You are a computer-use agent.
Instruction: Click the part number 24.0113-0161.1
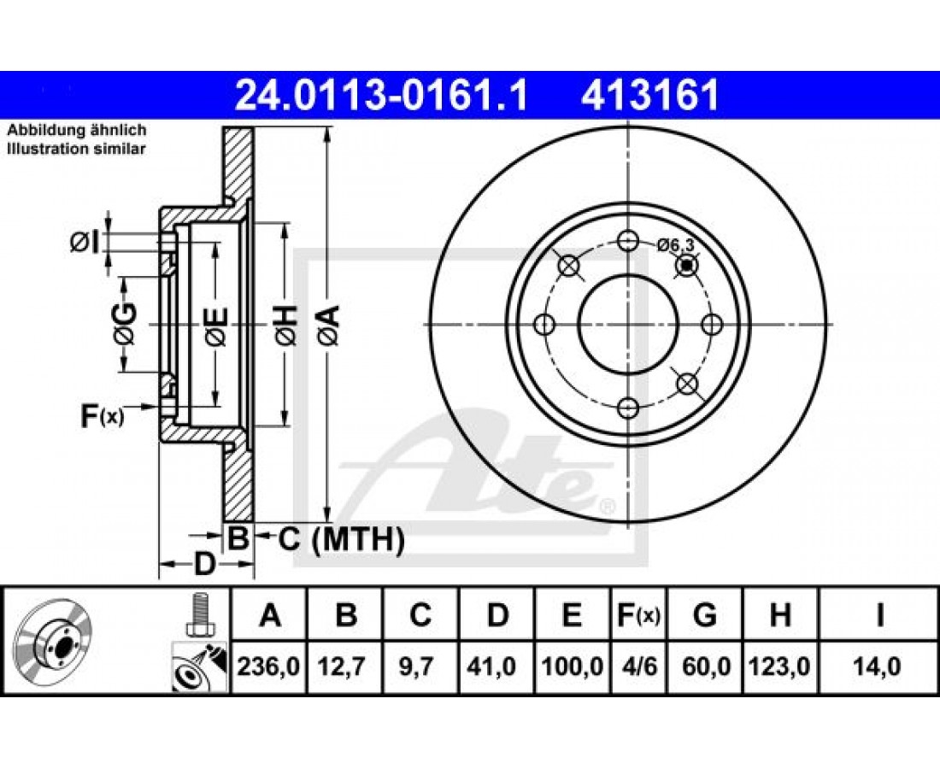[381, 96]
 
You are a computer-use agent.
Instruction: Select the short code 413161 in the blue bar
[649, 96]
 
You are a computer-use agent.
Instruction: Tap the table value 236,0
[268, 666]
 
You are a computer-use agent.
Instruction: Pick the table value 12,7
[344, 666]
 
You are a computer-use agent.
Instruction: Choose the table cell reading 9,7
[420, 666]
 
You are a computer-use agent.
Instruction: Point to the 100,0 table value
[573, 666]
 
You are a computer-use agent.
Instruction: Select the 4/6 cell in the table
[639, 666]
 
